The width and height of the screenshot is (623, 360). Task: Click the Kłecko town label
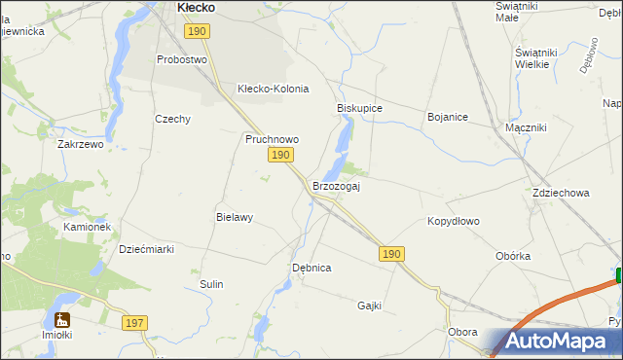tap(196, 7)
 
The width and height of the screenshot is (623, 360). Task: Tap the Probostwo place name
tap(183, 59)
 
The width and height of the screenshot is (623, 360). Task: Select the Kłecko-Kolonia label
tap(274, 89)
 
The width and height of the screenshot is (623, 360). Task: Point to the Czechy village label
tap(172, 119)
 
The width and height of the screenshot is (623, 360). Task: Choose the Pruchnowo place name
tap(272, 139)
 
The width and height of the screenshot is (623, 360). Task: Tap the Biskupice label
tap(359, 108)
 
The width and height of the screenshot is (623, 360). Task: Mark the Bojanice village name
tap(448, 117)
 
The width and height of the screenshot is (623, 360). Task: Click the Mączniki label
tap(526, 127)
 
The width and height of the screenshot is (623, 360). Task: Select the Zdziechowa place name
tap(561, 193)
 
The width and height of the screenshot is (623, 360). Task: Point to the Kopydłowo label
tap(454, 221)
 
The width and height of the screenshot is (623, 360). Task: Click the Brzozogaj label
tap(336, 187)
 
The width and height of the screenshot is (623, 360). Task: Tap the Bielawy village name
tap(235, 218)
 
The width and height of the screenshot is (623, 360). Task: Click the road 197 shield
tap(135, 322)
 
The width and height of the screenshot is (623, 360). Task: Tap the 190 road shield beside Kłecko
tap(198, 32)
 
